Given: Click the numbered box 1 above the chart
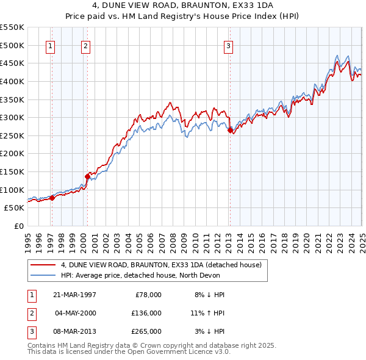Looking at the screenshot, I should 49,45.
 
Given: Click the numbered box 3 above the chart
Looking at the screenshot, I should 228,45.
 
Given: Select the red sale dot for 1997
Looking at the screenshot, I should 52,198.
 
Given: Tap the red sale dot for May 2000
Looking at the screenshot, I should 87,177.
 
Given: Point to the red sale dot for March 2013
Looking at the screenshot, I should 230,130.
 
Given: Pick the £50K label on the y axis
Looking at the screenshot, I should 14,207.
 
